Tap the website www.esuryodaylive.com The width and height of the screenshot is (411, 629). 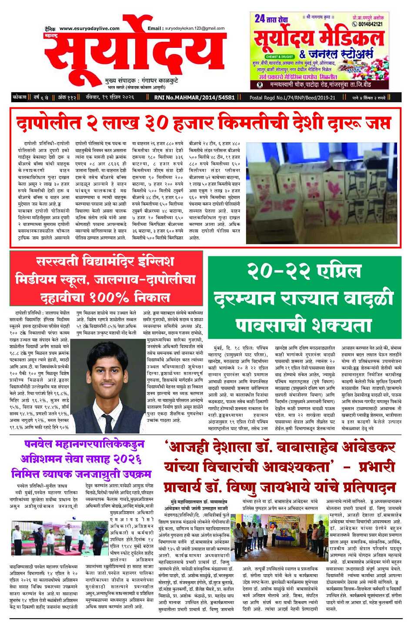click(89, 28)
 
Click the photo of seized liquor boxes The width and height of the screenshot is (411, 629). click(321, 193)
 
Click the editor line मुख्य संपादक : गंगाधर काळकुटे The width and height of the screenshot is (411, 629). click(141, 81)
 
